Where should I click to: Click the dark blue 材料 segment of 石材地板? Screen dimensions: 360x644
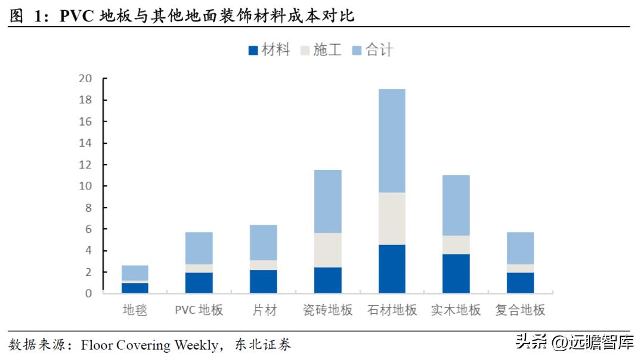[392, 269]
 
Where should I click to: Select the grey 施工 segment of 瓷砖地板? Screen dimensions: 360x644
[327, 250]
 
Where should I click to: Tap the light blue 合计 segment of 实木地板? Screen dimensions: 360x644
[456, 205]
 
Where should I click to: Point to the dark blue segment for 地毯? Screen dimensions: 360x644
[135, 288]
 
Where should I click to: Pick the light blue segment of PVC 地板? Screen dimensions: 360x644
[199, 248]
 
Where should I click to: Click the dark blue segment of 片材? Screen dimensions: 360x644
[264, 281]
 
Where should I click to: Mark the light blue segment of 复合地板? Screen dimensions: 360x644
[521, 248]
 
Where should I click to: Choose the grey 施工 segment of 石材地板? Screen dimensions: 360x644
[392, 218]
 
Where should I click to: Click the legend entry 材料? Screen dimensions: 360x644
[269, 50]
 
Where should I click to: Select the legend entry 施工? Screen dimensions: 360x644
[320, 50]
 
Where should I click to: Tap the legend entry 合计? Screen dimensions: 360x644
[373, 50]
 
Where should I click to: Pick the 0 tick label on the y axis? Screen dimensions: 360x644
[89, 293]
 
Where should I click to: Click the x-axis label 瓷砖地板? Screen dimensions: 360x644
[327, 310]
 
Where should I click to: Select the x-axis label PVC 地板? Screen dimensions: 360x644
[199, 310]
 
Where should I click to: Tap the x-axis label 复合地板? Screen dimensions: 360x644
[521, 310]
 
